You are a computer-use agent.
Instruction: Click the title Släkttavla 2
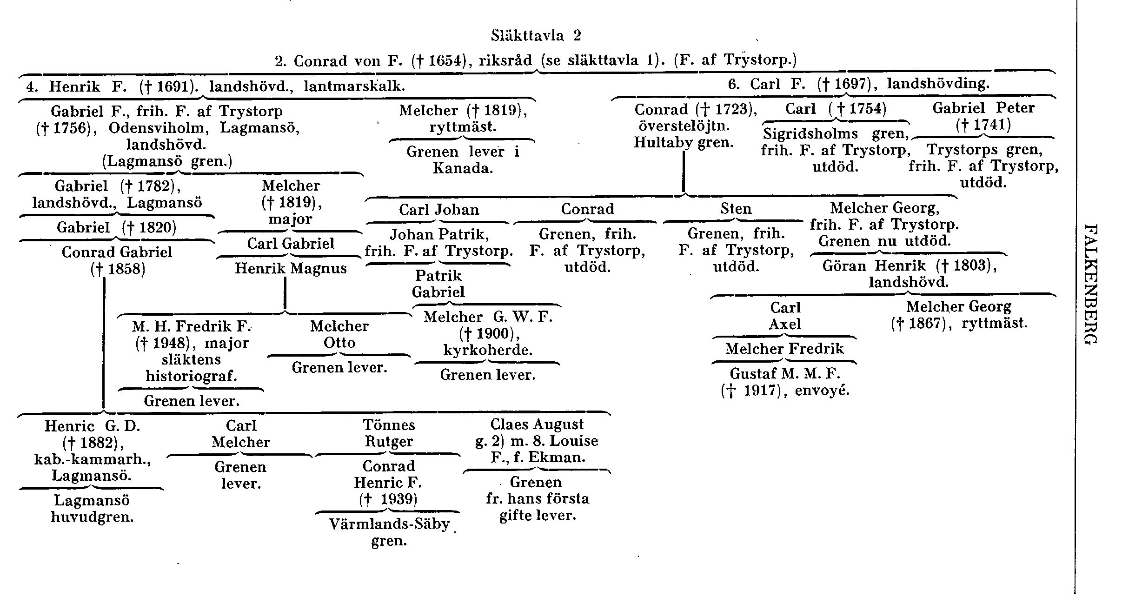coord(536,35)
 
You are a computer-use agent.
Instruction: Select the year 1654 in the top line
coord(446,61)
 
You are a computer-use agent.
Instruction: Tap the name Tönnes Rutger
coord(389,433)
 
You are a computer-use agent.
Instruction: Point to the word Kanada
coord(463,168)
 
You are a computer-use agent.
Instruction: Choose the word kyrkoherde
coord(487,350)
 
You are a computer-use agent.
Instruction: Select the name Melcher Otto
coord(339,334)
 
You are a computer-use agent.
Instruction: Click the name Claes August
coord(537,424)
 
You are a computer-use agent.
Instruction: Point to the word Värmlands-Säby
coord(390,524)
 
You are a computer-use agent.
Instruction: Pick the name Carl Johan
coord(439,210)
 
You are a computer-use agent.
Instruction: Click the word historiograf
coord(191,376)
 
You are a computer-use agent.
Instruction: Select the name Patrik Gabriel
coord(438,284)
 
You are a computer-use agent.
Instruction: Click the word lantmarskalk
coord(354,86)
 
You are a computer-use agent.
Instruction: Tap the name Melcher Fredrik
coord(784,349)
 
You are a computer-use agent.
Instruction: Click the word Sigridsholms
coord(810,134)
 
